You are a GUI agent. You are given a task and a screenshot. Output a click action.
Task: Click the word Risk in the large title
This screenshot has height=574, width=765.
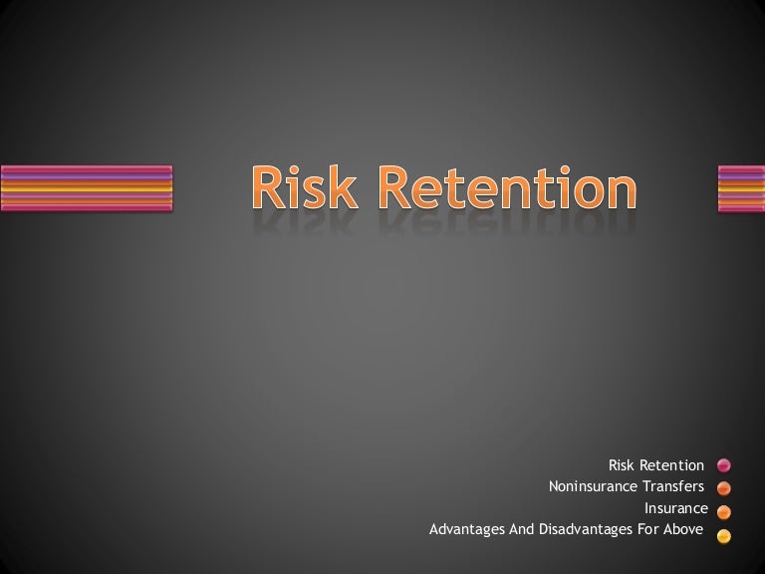pyautogui.click(x=305, y=187)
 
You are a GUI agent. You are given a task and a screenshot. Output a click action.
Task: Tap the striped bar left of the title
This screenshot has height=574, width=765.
pyautogui.click(x=86, y=187)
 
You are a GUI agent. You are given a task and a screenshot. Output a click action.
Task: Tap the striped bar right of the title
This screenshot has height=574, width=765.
pyautogui.click(x=740, y=187)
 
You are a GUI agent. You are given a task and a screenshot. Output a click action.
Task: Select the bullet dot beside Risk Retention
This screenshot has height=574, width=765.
pyautogui.click(x=724, y=465)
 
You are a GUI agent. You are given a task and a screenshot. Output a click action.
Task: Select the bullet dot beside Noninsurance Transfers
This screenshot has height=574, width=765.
pyautogui.click(x=724, y=488)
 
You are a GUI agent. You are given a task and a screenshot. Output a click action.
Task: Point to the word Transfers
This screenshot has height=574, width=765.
pyautogui.click(x=672, y=487)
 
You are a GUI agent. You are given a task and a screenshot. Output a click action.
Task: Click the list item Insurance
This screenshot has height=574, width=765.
pyautogui.click(x=676, y=508)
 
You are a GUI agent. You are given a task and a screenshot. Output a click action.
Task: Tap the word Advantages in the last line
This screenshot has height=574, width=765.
pyautogui.click(x=467, y=530)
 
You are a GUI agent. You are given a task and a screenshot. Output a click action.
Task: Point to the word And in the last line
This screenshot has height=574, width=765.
pyautogui.click(x=524, y=530)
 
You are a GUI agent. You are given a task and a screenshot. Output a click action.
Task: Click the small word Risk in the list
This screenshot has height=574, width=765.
pyautogui.click(x=621, y=465)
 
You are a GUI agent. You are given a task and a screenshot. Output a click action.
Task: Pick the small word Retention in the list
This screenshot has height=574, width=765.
pyautogui.click(x=671, y=465)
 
